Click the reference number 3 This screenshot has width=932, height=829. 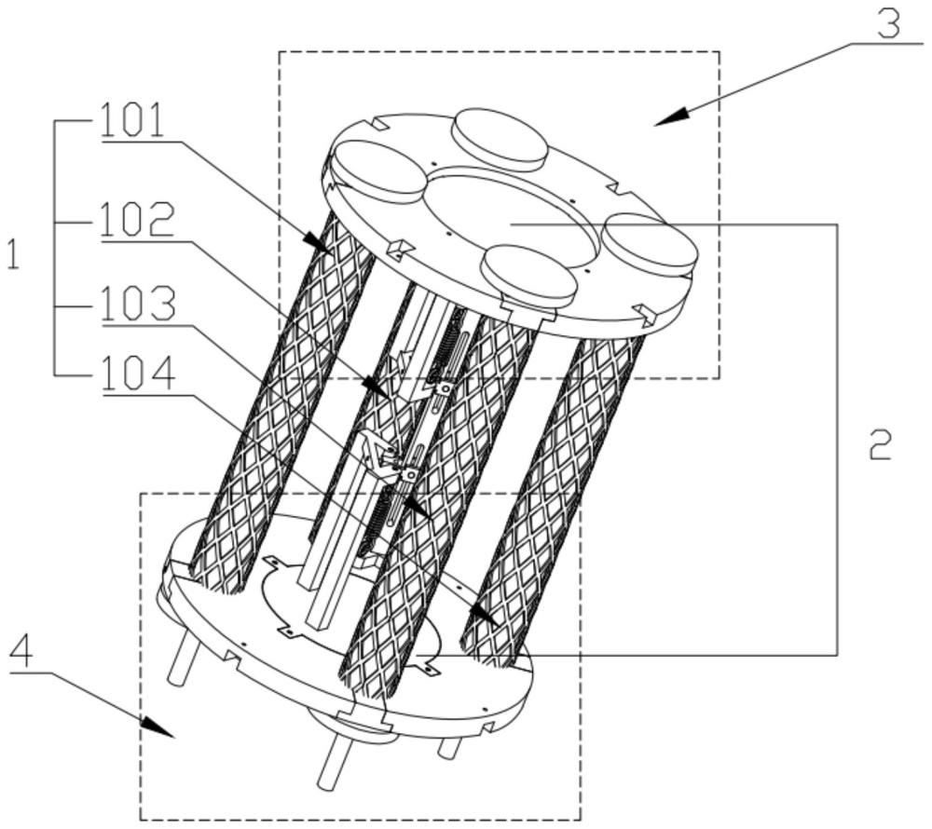pyautogui.click(x=887, y=22)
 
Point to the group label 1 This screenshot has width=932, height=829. pyautogui.click(x=13, y=254)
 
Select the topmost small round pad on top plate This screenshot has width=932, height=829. pyautogui.click(x=498, y=137)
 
